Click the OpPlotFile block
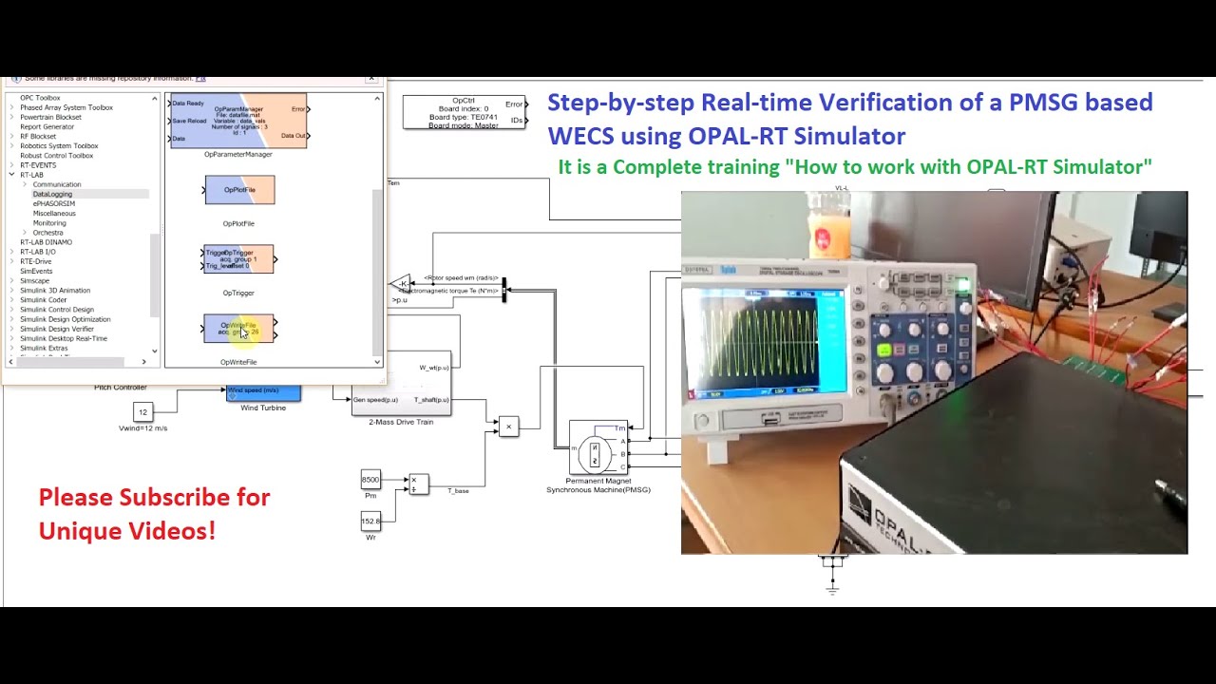coord(239,190)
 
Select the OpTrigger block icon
coord(238,259)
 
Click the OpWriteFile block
coord(238,329)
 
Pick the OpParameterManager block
coord(238,121)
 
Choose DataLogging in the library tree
coord(52,194)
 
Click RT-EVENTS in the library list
coord(38,165)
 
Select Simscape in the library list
coord(34,280)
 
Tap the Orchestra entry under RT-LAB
coord(47,233)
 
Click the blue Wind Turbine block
coord(263,392)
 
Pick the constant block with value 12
coord(142,412)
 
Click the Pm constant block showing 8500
coord(370,480)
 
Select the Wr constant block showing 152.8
coord(370,522)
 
